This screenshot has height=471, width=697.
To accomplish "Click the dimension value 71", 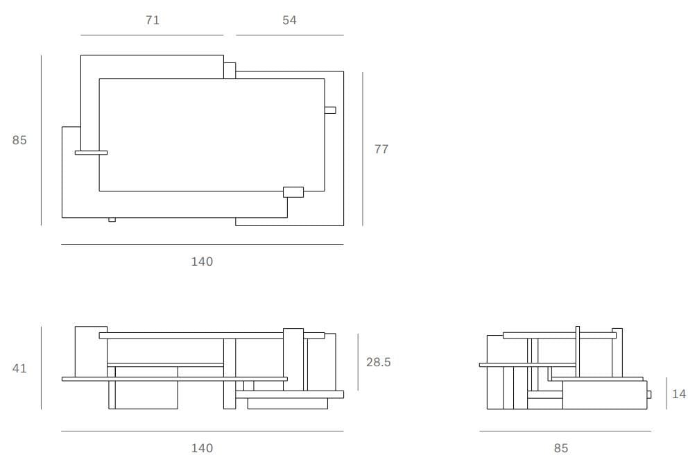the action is [153, 20].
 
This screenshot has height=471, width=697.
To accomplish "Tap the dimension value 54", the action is [289, 20].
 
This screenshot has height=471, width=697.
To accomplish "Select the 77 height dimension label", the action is [381, 149].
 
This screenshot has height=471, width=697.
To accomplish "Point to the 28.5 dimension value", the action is [378, 362].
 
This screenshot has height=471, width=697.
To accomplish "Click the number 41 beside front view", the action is [19, 368].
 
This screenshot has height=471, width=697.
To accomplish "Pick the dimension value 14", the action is [679, 394].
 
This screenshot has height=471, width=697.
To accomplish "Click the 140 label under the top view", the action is [202, 262].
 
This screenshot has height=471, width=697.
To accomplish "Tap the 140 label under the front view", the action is [202, 448].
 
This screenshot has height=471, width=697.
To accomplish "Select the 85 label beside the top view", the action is [19, 140].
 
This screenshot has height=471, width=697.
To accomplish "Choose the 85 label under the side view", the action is [561, 448].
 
